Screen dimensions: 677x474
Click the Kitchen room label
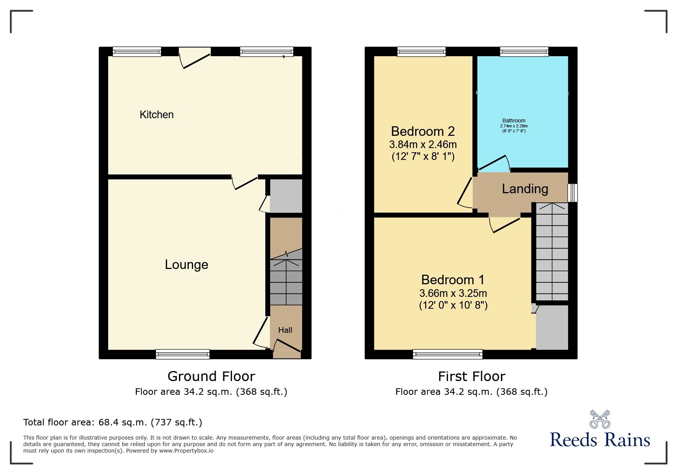point(156,115)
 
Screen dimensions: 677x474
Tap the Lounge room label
point(187,265)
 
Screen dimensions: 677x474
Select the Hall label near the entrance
point(285,330)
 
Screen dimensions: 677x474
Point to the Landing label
point(525,189)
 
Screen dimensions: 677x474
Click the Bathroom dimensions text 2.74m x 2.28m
point(514,126)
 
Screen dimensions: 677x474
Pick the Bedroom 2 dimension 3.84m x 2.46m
point(423,145)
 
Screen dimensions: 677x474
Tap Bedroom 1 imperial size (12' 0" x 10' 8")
point(453,305)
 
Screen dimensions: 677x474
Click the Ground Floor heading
point(211,376)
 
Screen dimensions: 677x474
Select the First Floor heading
point(472,376)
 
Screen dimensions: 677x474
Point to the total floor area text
point(113,422)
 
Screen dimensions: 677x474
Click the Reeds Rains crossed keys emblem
point(600,419)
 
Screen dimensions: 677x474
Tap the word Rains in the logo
point(628,440)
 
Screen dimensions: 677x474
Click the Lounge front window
point(183,354)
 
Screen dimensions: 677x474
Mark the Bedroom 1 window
point(448,354)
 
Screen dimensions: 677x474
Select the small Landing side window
point(573,193)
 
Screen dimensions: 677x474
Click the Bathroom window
point(524,52)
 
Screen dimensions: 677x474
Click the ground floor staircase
point(286,277)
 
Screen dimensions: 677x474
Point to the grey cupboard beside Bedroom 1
point(552,327)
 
